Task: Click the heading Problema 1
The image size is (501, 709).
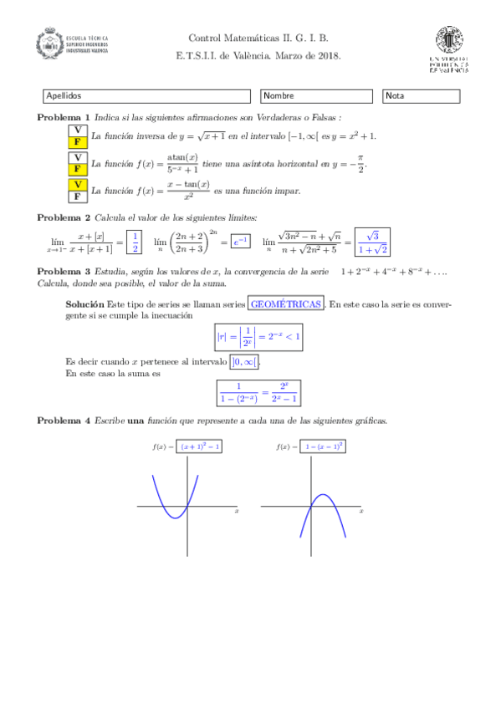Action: [64, 118]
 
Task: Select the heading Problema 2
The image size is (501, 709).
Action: [64, 217]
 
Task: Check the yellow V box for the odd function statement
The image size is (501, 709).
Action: [77, 184]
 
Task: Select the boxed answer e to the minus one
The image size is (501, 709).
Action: [241, 242]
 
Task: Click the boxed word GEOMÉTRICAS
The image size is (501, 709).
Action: [286, 305]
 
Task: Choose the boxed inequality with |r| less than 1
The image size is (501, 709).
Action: [258, 338]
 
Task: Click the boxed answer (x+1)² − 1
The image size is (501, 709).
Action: [201, 447]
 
